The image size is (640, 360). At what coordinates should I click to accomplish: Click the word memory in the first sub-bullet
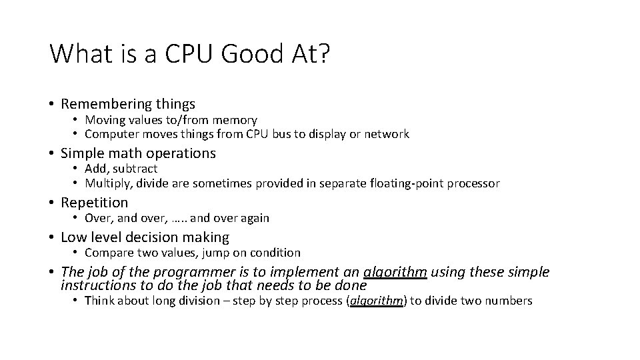(235, 120)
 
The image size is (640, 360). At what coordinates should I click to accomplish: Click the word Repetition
(94, 202)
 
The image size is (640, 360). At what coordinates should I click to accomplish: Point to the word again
(254, 218)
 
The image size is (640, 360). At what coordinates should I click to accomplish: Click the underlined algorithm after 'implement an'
(395, 272)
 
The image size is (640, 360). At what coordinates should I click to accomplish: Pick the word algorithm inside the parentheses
(377, 301)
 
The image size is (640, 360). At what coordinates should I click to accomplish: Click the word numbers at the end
(510, 301)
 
